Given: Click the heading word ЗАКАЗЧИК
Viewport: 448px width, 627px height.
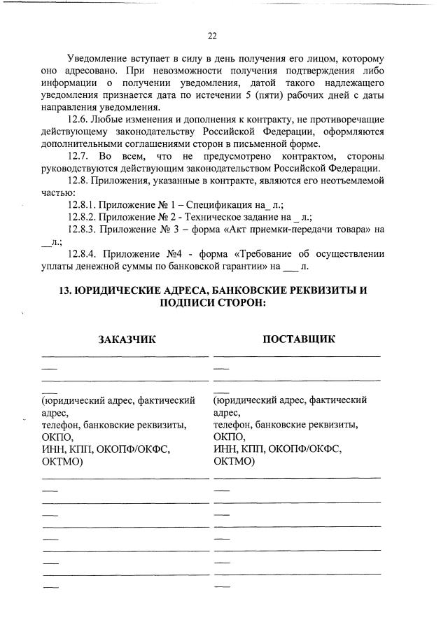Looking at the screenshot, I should (126, 339).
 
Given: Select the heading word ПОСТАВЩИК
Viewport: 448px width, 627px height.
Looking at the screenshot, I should (299, 339).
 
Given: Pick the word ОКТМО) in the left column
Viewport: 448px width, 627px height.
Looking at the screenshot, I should (62, 462).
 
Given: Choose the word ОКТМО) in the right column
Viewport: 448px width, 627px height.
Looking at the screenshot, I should (234, 462).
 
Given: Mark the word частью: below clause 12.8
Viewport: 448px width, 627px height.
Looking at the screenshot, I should (57, 192).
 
